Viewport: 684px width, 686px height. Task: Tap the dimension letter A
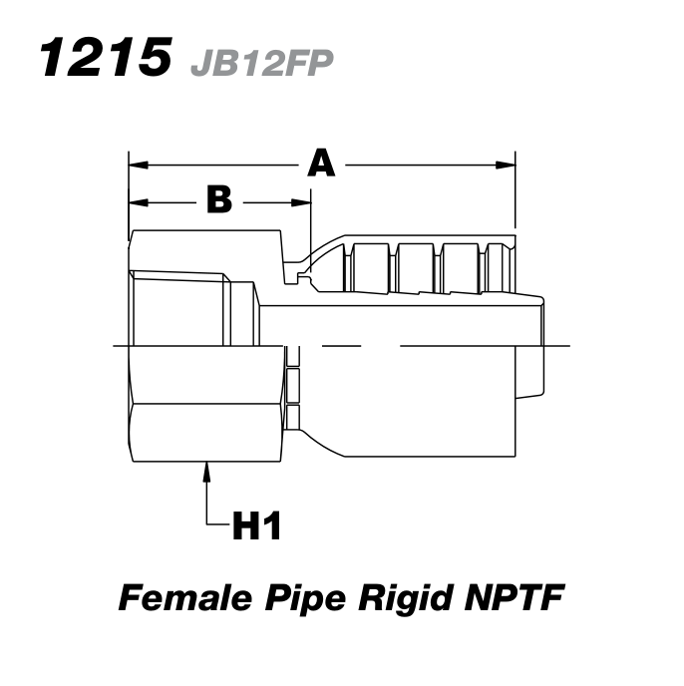click(320, 162)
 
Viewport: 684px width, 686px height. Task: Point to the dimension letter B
click(218, 200)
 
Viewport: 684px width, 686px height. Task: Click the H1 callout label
click(257, 524)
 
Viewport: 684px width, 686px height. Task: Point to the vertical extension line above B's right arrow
click(310, 219)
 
